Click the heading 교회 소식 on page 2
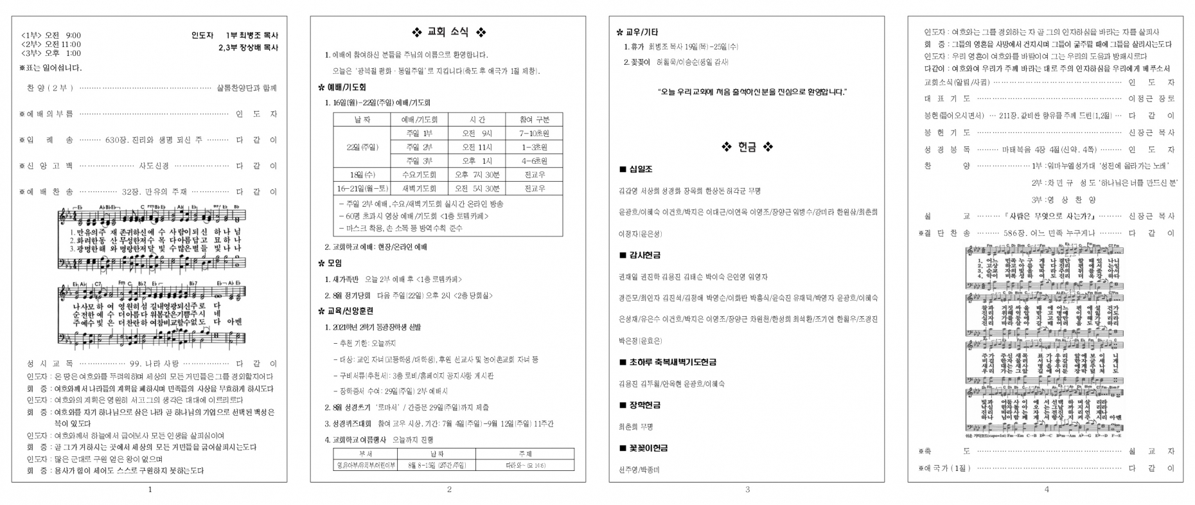point(448,33)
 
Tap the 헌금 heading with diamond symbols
point(747,147)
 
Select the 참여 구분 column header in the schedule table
point(534,120)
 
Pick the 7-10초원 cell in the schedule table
point(534,133)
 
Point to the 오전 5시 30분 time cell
point(477,189)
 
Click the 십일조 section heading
point(639,169)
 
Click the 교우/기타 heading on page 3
point(642,32)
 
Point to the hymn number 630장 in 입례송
point(117,140)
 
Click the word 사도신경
point(154,166)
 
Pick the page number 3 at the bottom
point(747,490)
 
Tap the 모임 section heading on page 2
point(333,263)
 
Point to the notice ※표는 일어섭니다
point(51,67)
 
